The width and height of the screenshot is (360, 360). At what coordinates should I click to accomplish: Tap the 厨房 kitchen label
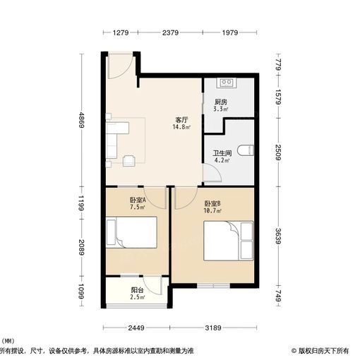(220, 102)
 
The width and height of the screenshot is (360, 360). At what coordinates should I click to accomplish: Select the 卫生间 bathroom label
(221, 153)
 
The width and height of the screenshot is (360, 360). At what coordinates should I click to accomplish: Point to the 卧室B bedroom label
(213, 203)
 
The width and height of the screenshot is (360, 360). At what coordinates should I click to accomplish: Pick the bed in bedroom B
(227, 240)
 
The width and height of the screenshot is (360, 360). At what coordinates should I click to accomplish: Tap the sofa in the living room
(115, 138)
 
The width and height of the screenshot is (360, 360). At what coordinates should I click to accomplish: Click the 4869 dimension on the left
(82, 120)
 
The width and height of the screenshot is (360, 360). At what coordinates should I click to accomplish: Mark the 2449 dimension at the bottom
(137, 328)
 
